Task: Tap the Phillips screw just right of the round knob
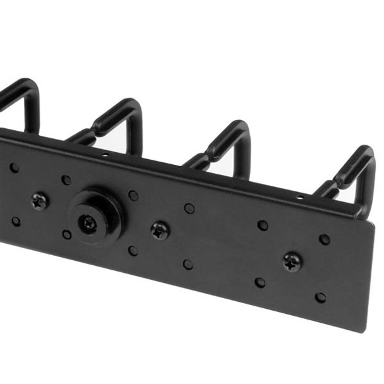coord(160,230)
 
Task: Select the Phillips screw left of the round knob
coord(40,201)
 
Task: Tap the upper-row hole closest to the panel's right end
coord(324,239)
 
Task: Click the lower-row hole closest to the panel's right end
coord(321,297)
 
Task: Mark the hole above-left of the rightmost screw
coord(263,225)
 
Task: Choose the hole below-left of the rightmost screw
coord(260,282)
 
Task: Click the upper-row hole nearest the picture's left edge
coord(14,168)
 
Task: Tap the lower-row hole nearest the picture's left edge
coord(16,221)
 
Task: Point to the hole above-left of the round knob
coord(66,180)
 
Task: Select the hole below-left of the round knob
coord(67,234)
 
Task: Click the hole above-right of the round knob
coord(133,195)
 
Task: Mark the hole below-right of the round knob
coord(133,250)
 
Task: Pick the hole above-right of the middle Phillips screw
coord(189,208)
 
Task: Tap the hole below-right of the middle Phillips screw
coord(188,264)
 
